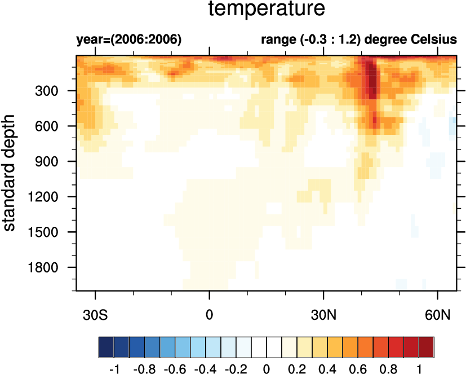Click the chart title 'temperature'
click(267, 10)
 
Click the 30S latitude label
click(96, 314)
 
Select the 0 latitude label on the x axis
click(210, 314)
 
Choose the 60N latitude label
click(438, 314)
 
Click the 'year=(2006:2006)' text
click(128, 40)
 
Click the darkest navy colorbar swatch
click(106, 345)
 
